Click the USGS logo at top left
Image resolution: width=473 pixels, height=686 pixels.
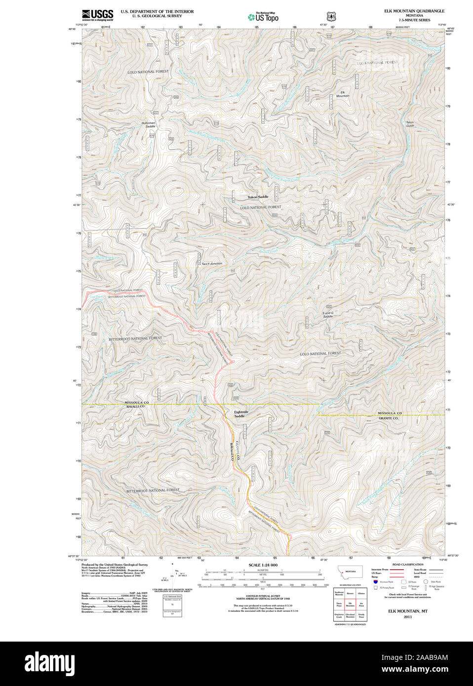click(98, 15)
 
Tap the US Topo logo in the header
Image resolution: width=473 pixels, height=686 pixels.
click(264, 17)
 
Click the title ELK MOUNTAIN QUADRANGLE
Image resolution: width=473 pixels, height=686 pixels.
click(414, 11)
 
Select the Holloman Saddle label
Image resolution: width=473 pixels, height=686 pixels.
click(149, 124)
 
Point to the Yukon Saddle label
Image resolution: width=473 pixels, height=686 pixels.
click(258, 197)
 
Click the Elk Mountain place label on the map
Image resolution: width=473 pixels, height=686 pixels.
click(343, 94)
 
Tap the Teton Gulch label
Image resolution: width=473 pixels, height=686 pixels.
click(410, 124)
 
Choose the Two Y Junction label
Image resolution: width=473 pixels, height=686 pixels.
click(211, 264)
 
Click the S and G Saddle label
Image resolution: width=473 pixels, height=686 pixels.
click(328, 314)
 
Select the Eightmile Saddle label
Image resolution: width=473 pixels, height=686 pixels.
click(241, 414)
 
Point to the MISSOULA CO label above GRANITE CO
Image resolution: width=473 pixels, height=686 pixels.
click(390, 413)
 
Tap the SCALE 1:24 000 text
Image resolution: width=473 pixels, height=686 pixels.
click(263, 565)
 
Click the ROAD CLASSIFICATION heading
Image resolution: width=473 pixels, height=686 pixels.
click(407, 564)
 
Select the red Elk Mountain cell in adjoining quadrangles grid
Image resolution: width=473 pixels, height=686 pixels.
click(351, 603)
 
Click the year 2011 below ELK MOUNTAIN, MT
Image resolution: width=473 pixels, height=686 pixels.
click(407, 616)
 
